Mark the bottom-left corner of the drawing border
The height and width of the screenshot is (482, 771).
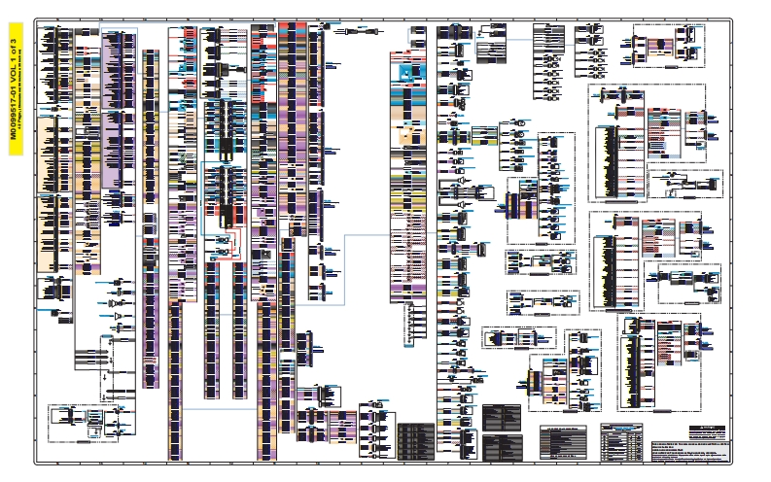pyautogui.click(x=37, y=465)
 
